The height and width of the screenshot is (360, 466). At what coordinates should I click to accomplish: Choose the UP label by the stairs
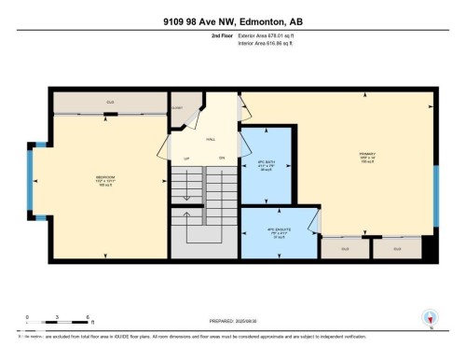185,158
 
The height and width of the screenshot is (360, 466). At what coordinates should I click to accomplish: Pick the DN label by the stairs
222,158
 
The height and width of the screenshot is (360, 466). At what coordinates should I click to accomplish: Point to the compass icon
430,319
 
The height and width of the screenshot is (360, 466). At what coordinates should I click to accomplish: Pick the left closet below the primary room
344,249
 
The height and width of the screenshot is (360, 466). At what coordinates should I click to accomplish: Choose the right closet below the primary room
396,249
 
